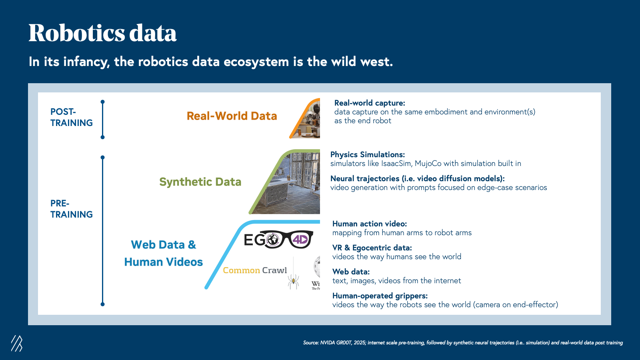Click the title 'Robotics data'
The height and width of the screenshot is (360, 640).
(102, 33)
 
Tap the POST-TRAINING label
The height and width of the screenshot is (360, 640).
(72, 117)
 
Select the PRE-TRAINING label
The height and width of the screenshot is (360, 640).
(72, 209)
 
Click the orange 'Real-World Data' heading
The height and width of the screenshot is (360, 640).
(232, 116)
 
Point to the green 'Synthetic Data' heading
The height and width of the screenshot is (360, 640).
(200, 182)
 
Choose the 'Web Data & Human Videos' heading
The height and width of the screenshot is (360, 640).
(164, 253)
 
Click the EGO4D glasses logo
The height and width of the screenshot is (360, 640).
(278, 239)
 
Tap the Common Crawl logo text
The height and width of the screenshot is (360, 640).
(255, 270)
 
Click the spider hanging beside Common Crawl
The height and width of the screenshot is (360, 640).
(294, 281)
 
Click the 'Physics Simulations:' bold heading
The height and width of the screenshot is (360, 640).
(368, 154)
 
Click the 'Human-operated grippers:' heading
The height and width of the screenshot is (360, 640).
(380, 296)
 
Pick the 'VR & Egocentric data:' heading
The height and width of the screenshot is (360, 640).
(372, 248)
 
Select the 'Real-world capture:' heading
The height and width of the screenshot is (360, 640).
(370, 103)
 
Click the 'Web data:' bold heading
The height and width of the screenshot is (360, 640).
(351, 272)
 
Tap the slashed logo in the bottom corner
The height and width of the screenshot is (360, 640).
(16, 343)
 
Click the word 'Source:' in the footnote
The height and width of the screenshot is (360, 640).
(311, 342)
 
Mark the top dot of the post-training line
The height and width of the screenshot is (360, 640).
(102, 102)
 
